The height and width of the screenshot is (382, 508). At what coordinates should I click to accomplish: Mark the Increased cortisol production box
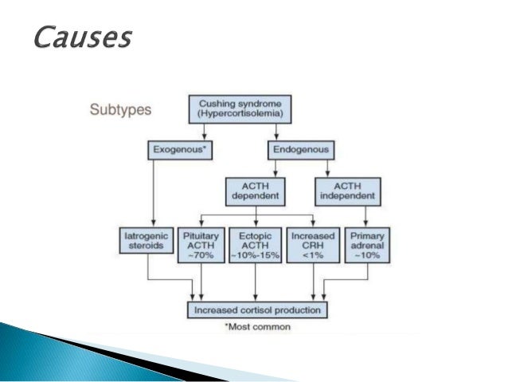[258, 309]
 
